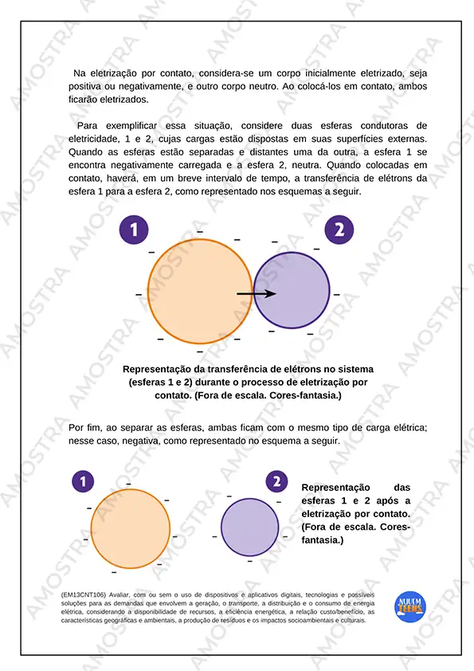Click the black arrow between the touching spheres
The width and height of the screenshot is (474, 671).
[257, 293]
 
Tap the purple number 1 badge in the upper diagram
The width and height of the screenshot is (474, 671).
[134, 230]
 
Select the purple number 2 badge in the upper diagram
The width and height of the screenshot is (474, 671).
[339, 230]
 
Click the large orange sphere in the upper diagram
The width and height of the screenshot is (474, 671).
[200, 292]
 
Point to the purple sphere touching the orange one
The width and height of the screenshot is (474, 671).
[292, 291]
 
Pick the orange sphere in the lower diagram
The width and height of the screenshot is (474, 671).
[131, 529]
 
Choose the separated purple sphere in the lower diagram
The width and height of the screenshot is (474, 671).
[250, 528]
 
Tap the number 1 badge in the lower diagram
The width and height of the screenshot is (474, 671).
[83, 481]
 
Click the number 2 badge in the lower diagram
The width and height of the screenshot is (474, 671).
[276, 481]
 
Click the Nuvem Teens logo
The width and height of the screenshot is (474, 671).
[409, 606]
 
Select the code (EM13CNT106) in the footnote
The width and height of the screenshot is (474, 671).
[84, 594]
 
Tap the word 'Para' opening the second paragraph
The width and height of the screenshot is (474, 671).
[88, 126]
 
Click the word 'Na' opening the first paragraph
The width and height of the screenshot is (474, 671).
[79, 73]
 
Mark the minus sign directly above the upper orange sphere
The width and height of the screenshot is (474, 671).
[200, 232]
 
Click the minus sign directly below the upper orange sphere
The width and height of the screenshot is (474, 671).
[200, 351]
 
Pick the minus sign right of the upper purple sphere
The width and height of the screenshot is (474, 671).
[337, 294]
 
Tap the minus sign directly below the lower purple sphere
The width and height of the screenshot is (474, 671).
[250, 560]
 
